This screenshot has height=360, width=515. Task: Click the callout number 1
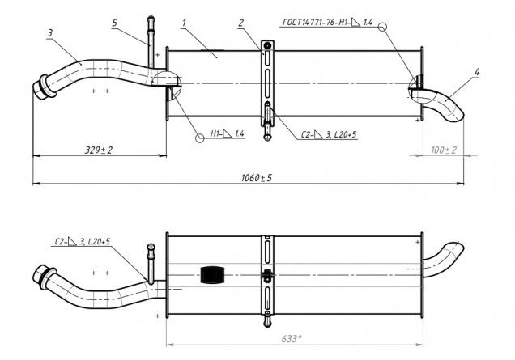tap(184, 23)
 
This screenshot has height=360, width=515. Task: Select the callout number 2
tap(241, 23)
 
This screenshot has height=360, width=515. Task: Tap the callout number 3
tap(50, 33)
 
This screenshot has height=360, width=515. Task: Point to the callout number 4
tap(477, 72)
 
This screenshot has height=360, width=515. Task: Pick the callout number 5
tap(114, 23)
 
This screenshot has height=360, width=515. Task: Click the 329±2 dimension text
tap(99, 150)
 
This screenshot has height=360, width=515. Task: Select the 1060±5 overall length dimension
tap(257, 178)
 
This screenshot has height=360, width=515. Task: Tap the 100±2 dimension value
tap(444, 150)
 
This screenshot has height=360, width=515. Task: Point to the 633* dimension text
tap(291, 339)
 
